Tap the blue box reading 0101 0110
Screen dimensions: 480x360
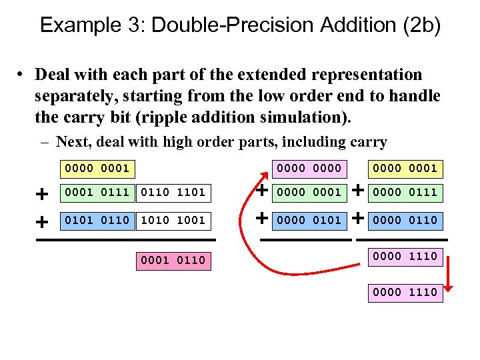pyautogui.click(x=97, y=220)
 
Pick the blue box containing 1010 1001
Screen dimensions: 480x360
pyautogui.click(x=173, y=220)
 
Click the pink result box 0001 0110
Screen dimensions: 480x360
pyautogui.click(x=173, y=260)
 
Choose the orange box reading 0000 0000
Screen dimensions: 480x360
pyautogui.click(x=309, y=168)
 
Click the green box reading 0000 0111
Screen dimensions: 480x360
pyautogui.click(x=405, y=193)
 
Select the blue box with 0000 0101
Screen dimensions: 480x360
pyautogui.click(x=309, y=220)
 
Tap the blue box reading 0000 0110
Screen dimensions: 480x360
pyautogui.click(x=405, y=220)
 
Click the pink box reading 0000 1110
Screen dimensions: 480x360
pyautogui.click(x=405, y=256)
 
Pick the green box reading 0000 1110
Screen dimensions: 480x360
pyautogui.click(x=405, y=292)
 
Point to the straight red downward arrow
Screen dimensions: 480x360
pyautogui.click(x=449, y=273)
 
